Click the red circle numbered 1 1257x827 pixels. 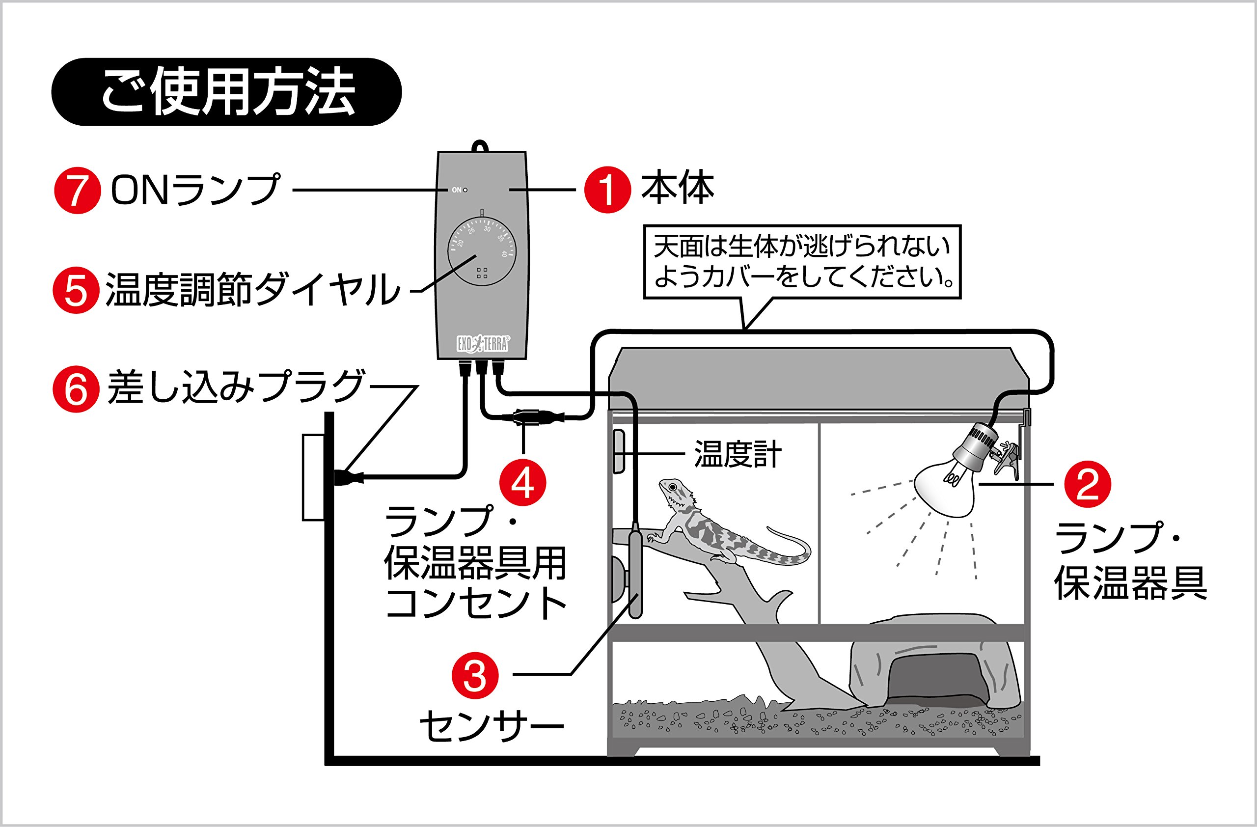(607, 190)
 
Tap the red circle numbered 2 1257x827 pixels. (1088, 484)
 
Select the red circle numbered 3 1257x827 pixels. (475, 675)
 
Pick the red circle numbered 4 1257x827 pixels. (523, 482)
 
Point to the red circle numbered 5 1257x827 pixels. (76, 290)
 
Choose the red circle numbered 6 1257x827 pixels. (76, 389)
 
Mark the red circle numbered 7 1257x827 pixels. (77, 190)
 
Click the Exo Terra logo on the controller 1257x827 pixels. (482, 344)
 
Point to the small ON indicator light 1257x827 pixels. (465, 190)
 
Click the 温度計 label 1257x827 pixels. (738, 454)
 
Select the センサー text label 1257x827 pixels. (492, 726)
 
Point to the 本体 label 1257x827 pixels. (677, 189)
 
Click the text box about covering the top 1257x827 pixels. (802, 262)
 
